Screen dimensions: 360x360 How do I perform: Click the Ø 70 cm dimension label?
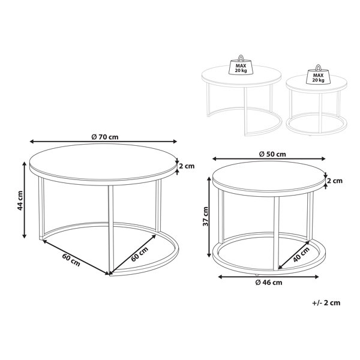(x=105, y=137)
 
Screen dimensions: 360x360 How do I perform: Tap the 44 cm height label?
(x=20, y=200)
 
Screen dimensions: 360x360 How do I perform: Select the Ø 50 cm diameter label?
(x=272, y=154)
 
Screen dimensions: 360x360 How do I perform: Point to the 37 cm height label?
(x=205, y=216)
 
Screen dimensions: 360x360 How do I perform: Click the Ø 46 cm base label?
(x=269, y=283)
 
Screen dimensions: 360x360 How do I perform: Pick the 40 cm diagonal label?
(x=301, y=254)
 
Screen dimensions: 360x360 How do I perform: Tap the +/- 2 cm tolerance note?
(x=326, y=303)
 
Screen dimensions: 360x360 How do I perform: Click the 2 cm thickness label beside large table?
(x=187, y=166)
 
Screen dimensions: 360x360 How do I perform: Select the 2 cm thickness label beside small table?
(x=335, y=181)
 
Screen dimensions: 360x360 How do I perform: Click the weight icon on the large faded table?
(x=241, y=65)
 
